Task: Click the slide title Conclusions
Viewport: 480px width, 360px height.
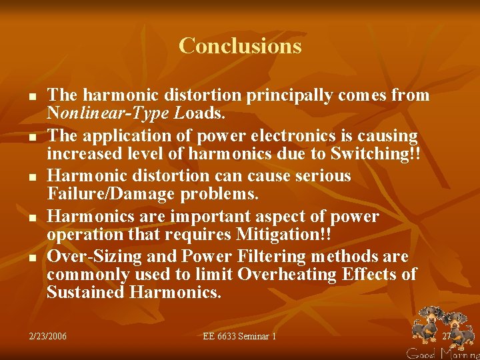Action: point(240,46)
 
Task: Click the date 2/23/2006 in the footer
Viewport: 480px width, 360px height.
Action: point(48,336)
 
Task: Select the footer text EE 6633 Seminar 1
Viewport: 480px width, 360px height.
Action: point(239,336)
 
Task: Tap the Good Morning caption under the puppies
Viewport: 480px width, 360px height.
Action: point(443,353)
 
